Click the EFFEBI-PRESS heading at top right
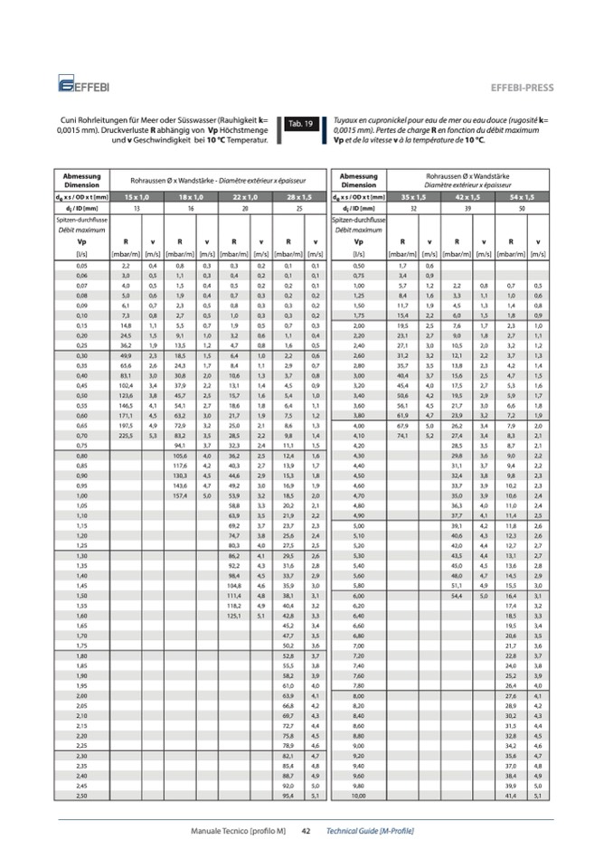coord(522,88)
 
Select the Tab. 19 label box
coord(300,124)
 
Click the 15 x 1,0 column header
coord(137,196)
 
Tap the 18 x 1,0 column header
coord(190,196)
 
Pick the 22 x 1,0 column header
coord(244,196)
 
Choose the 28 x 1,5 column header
coord(297,196)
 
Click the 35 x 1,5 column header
coord(413,196)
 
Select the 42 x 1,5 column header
coord(467,196)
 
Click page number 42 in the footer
coord(306,830)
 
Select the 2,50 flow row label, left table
coord(82,795)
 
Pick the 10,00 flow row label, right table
coord(359,795)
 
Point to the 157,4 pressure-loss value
coord(180,495)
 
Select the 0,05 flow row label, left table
coord(82,267)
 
